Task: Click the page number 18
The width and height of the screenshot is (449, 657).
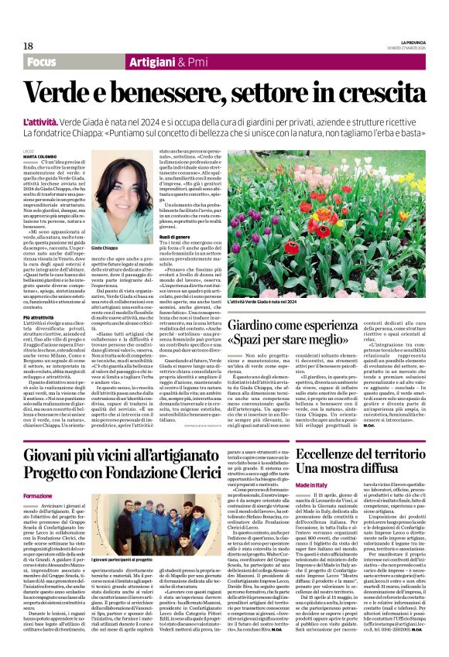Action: [x=27, y=46]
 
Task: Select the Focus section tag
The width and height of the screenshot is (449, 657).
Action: [x=43, y=61]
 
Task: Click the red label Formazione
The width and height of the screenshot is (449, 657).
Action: [x=38, y=495]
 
